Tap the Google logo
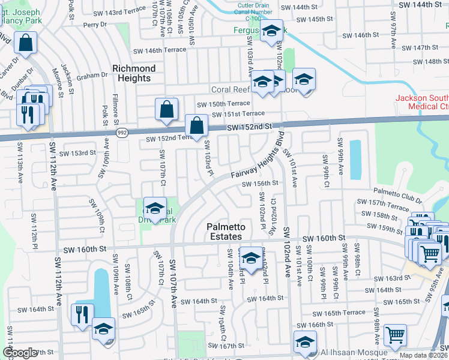click(20, 353)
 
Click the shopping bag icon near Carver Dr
click(26, 43)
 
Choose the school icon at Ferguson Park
click(272, 31)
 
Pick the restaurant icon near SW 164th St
click(80, 313)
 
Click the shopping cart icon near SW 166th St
click(395, 335)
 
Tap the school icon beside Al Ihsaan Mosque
click(305, 342)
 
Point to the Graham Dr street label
click(91, 76)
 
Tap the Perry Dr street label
click(95, 25)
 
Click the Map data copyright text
click(423, 355)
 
